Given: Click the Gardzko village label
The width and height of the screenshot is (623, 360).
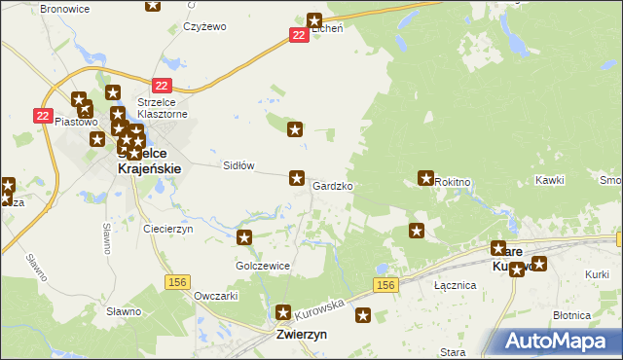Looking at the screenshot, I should tap(333, 185).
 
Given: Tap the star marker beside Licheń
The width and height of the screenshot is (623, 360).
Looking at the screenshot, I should tap(314, 19).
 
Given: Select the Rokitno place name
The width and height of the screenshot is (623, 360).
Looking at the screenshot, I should tap(454, 182).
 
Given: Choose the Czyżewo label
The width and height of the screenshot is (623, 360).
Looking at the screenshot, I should tap(204, 26).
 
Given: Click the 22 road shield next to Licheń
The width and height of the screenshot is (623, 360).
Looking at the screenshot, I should tap(299, 35).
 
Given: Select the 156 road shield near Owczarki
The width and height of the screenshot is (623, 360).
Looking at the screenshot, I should tap(177, 281).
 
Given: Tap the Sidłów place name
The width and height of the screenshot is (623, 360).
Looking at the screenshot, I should tap(239, 165).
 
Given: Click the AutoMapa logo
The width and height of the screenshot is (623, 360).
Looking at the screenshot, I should tap(559, 341).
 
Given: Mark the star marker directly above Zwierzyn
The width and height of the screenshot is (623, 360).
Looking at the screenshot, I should tap(283, 313).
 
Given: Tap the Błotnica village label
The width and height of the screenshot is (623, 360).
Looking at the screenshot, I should tap(571, 315).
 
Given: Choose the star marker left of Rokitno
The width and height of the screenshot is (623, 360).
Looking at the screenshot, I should tap(425, 178).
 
